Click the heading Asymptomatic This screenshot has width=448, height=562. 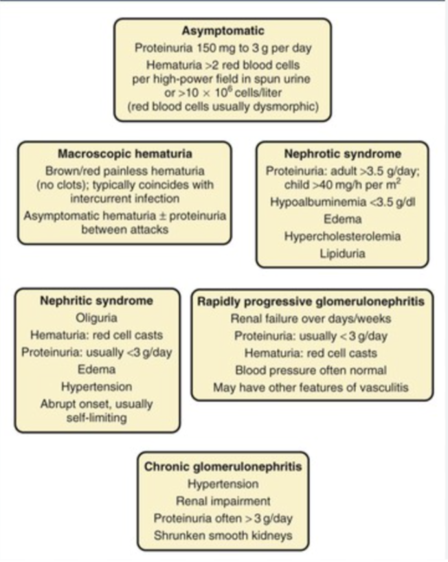(223, 31)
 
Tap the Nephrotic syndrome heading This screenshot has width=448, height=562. (342, 154)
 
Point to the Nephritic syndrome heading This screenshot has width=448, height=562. (97, 301)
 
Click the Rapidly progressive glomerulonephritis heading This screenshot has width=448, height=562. (311, 301)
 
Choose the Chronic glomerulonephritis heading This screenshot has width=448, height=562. (223, 467)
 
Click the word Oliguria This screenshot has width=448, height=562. (97, 318)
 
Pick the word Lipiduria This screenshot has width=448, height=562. (342, 253)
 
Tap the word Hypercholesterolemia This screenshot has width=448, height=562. (342, 236)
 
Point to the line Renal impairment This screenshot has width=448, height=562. (223, 500)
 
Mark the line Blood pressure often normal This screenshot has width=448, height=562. (311, 370)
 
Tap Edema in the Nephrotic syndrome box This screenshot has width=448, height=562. (342, 219)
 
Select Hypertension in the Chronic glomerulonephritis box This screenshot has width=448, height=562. (223, 484)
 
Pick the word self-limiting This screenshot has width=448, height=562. (98, 417)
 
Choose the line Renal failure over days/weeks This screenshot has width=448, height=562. (311, 319)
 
